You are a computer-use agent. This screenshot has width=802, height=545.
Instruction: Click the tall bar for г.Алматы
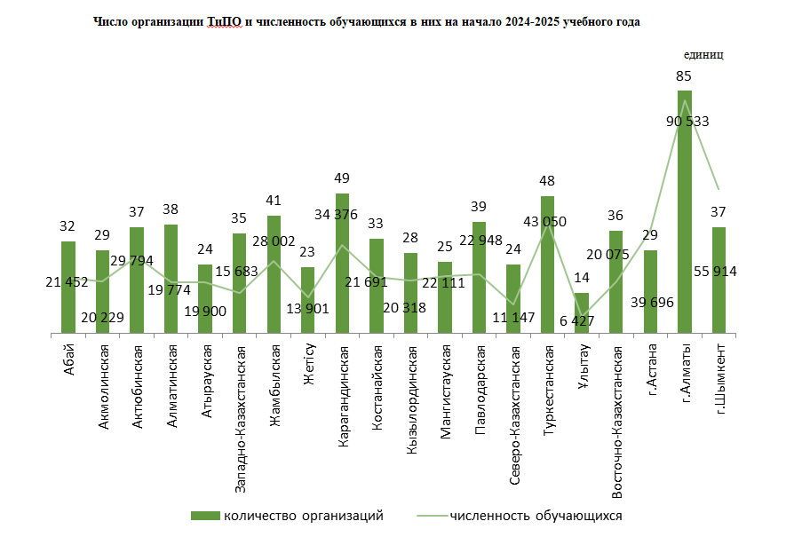(x=684, y=213)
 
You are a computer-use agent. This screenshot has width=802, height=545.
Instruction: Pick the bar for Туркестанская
(x=547, y=265)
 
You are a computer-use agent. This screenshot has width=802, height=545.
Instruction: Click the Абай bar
(x=68, y=288)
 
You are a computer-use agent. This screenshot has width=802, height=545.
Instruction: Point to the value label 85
(x=684, y=76)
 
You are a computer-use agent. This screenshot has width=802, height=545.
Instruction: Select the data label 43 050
(x=547, y=221)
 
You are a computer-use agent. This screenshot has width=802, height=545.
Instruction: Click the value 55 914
(x=719, y=271)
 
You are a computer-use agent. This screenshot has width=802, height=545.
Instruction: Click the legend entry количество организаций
(x=302, y=516)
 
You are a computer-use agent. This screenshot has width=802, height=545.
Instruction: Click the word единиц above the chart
(x=703, y=54)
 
